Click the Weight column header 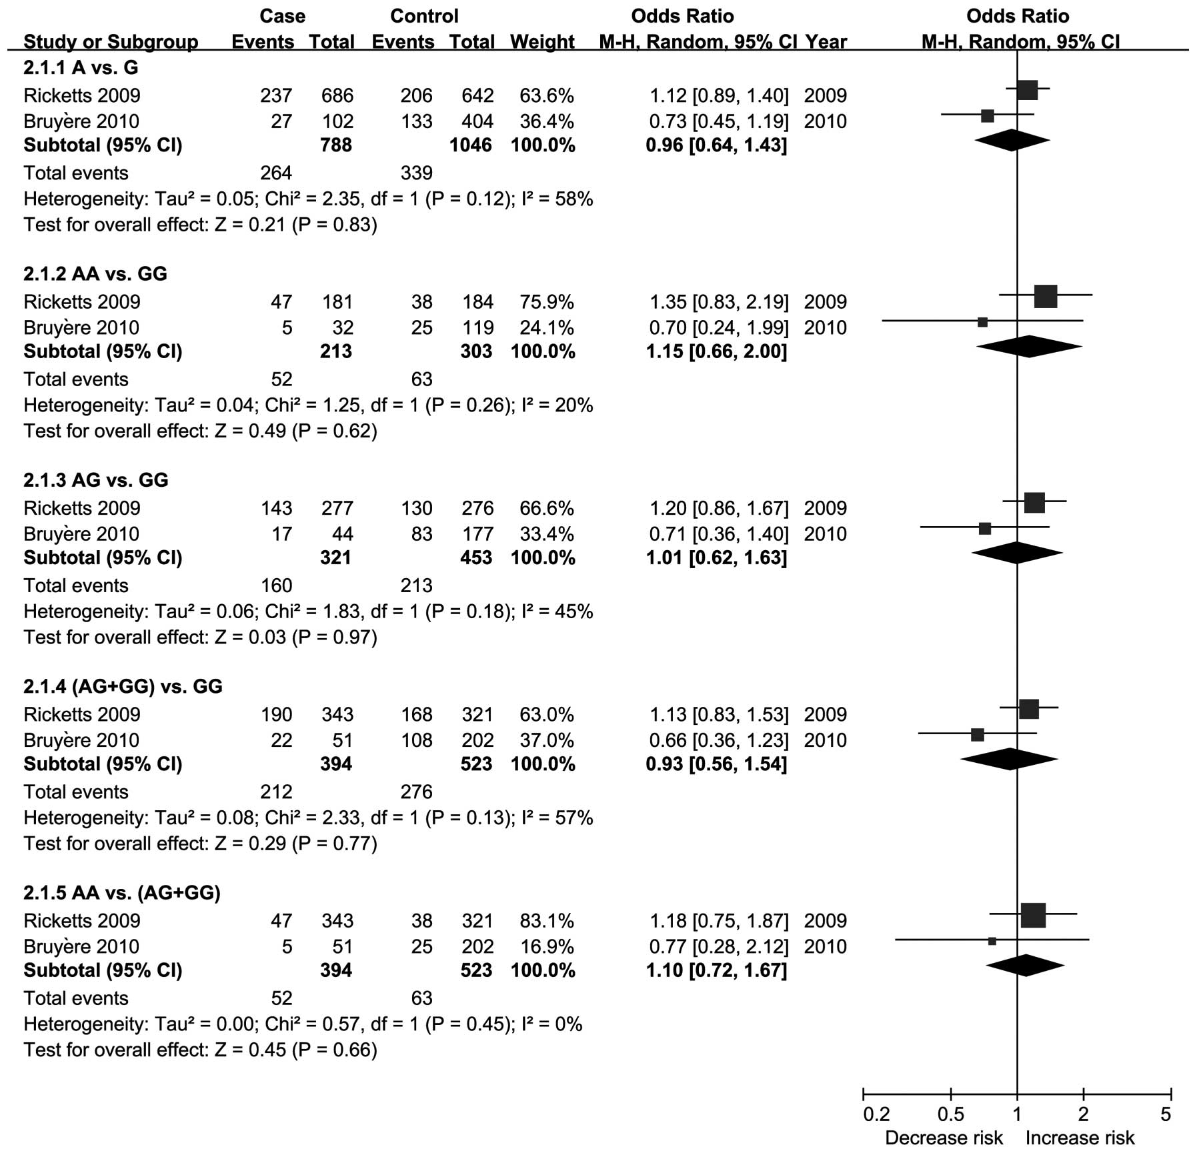542,42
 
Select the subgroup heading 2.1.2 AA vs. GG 95,274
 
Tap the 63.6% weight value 546,95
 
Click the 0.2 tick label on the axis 876,1114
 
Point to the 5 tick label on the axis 1165,1114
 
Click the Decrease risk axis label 944,1138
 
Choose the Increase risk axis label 1080,1138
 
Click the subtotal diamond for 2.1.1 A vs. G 1012,140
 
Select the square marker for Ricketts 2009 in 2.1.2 1046,296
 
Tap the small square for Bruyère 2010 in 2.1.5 992,941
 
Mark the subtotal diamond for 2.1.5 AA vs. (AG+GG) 1025,965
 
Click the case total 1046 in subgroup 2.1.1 471,145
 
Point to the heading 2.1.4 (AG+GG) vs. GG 123,686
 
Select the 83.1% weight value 546,921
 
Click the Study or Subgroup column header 111,42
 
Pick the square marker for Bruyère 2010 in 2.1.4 978,735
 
